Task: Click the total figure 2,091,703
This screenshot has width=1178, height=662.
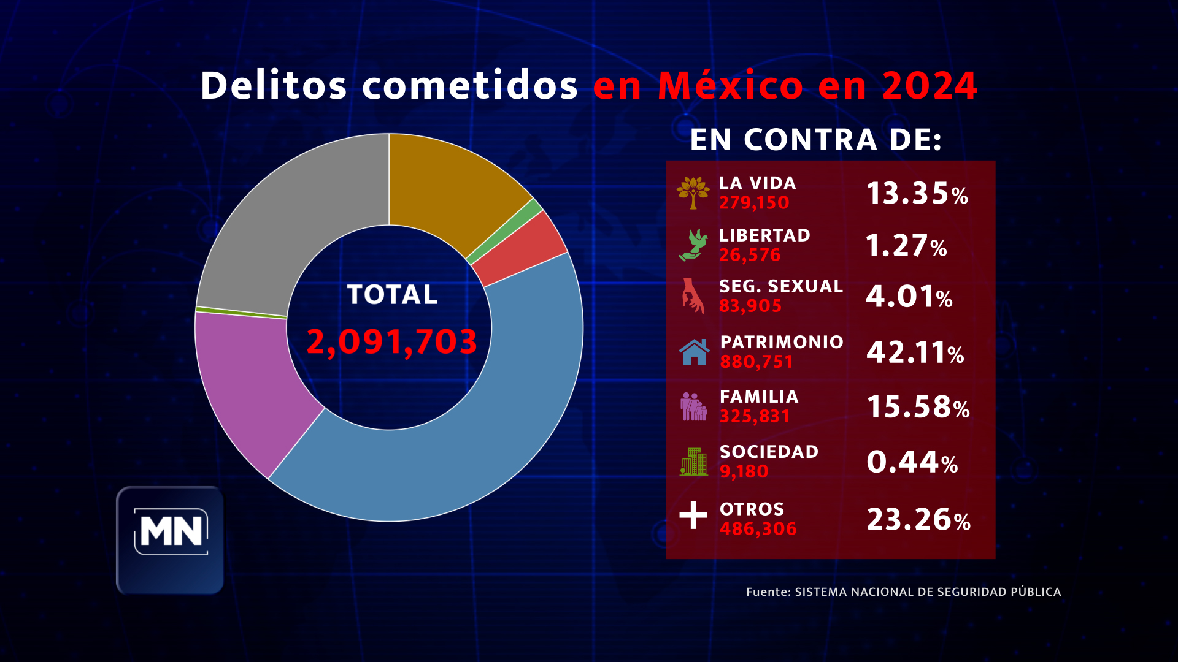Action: (x=391, y=341)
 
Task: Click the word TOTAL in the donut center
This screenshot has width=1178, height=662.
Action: (x=392, y=295)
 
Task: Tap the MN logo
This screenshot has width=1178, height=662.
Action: (x=171, y=532)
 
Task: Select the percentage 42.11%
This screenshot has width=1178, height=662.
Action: (x=915, y=353)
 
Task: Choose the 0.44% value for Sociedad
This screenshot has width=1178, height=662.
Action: (x=912, y=463)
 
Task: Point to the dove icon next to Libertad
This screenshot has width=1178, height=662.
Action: (x=693, y=245)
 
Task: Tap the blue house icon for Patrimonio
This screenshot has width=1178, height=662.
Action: (x=694, y=352)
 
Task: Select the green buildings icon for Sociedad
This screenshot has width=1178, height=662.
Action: (x=694, y=462)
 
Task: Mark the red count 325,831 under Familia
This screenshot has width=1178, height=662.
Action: (x=755, y=417)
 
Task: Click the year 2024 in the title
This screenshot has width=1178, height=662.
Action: (x=930, y=86)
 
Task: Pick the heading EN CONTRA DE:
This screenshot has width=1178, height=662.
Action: (x=815, y=140)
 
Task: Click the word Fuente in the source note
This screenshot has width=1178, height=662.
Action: (x=768, y=592)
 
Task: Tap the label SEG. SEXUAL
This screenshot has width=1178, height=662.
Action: (x=781, y=286)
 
